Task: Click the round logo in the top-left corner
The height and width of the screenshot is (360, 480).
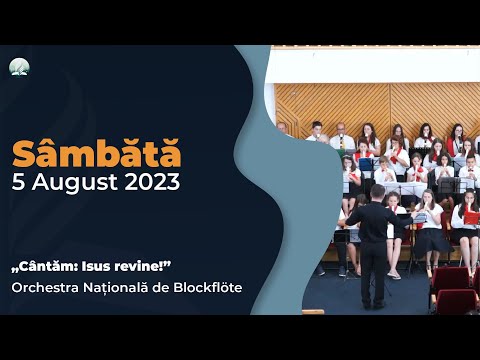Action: tap(19, 67)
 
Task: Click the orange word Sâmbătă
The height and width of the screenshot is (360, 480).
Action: tap(97, 155)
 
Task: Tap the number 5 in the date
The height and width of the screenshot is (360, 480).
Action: tap(20, 183)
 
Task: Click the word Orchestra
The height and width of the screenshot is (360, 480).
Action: tap(47, 288)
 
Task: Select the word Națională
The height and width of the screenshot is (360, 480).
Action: tap(122, 288)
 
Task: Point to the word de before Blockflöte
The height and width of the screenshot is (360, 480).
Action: tap(164, 288)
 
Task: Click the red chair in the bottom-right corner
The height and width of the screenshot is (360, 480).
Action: tap(455, 297)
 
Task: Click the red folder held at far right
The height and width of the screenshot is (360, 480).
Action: tap(471, 216)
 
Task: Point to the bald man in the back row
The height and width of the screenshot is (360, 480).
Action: tap(283, 129)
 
